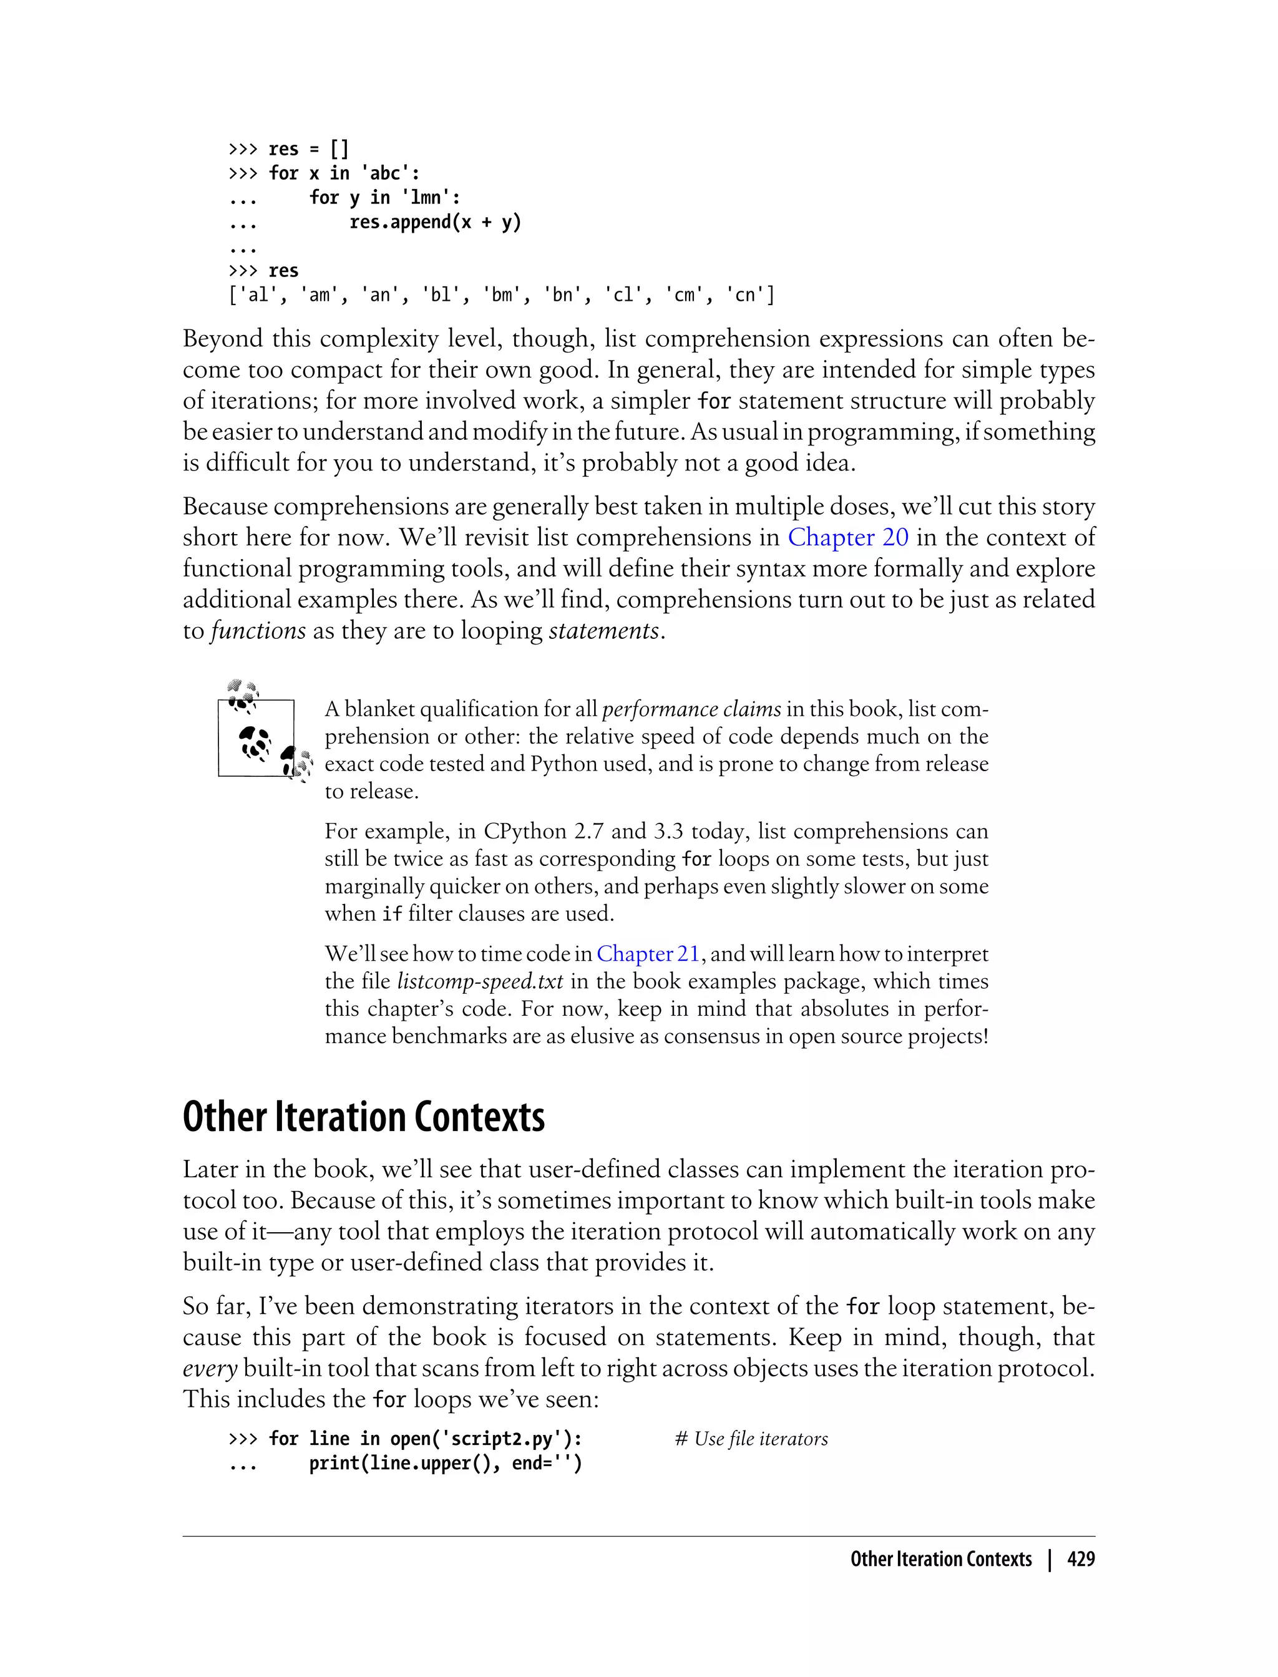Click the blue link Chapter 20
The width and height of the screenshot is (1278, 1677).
pos(847,538)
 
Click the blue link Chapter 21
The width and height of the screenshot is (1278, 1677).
pos(647,954)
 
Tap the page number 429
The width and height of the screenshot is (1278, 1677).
pos(1080,1559)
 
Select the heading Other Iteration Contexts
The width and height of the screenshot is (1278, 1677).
pos(364,1117)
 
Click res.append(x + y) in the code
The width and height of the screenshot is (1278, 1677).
pos(435,222)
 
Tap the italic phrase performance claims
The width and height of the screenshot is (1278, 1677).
pos(691,709)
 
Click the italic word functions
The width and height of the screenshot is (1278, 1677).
pos(258,631)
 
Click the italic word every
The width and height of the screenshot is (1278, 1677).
pos(210,1368)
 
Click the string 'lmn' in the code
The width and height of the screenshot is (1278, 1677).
pos(431,198)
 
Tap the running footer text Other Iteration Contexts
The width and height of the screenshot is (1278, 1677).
pos(940,1559)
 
